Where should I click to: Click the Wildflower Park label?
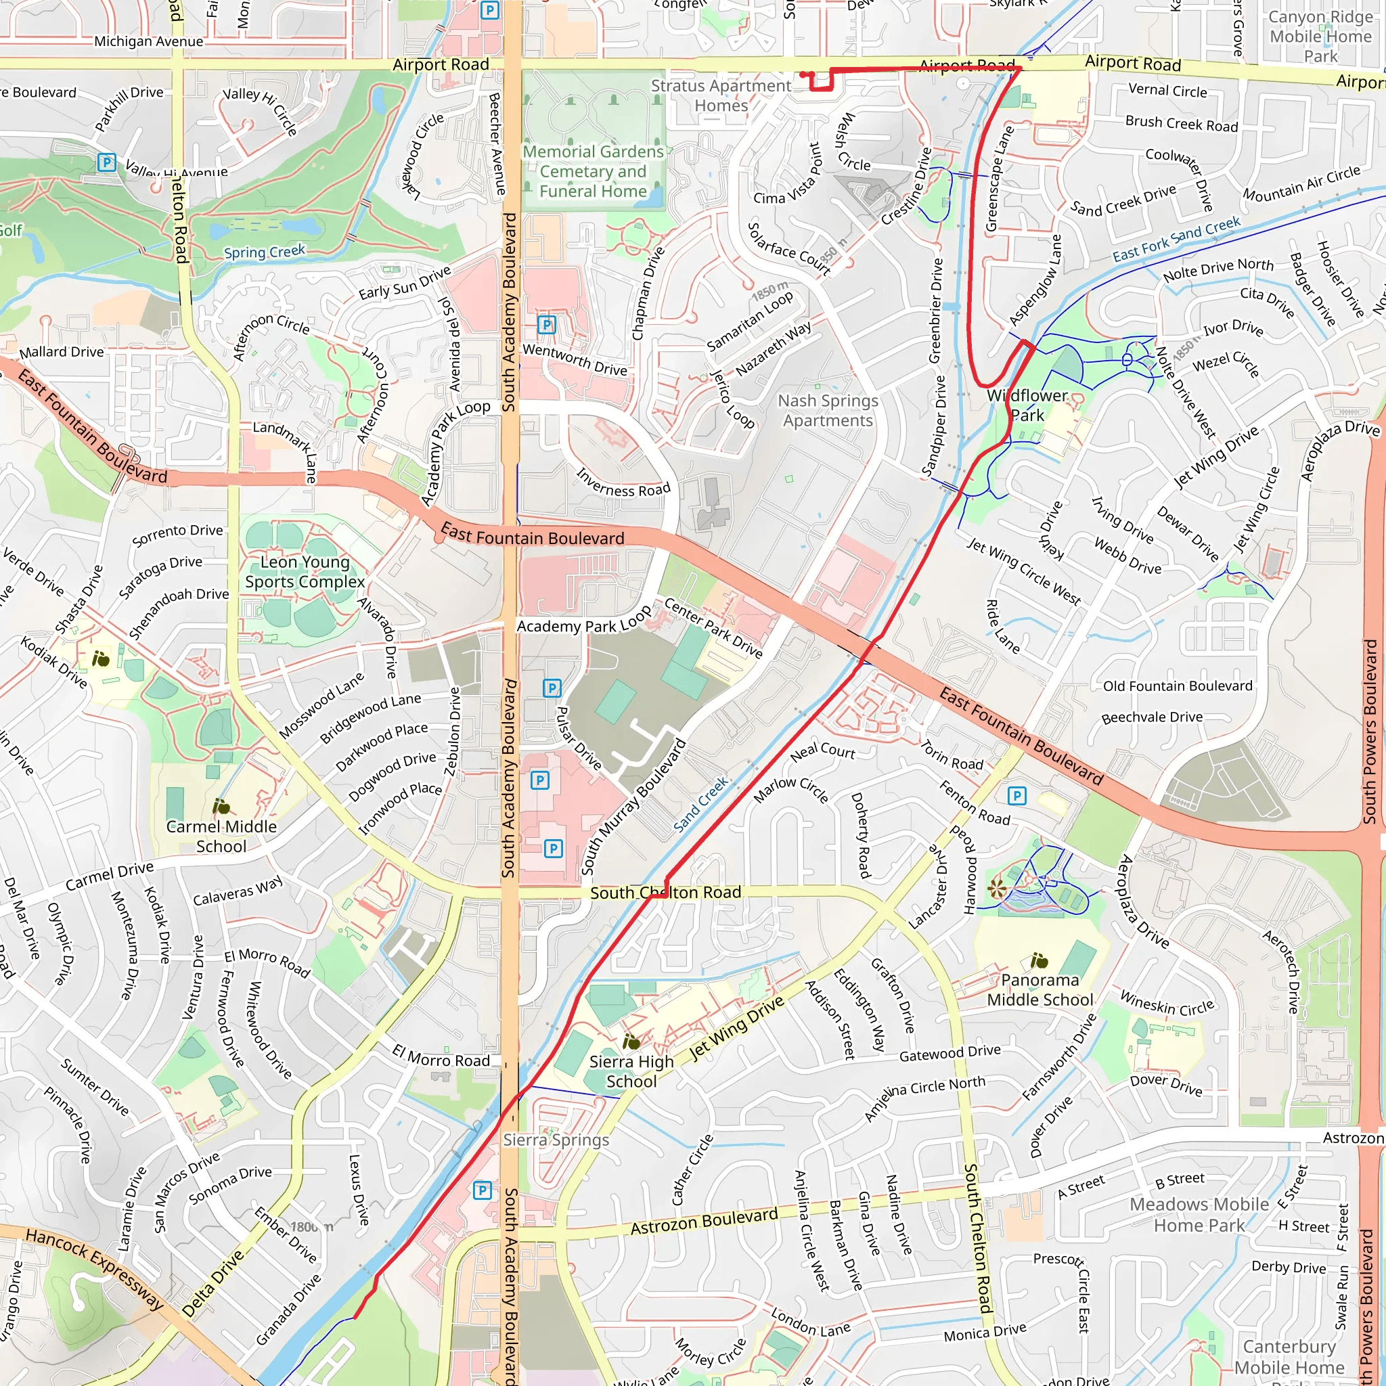coord(1027,405)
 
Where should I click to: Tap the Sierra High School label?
coord(631,1071)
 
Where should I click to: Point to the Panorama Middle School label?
coord(1039,989)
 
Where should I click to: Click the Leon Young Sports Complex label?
coord(305,572)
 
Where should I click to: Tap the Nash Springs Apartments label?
coord(828,410)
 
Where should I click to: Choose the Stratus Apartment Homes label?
coord(721,95)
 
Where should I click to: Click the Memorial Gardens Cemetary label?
coord(594,171)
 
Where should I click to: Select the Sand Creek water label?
coord(701,803)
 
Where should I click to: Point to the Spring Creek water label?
coord(264,252)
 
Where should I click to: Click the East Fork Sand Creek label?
coord(1176,239)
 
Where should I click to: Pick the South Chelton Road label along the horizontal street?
coord(665,893)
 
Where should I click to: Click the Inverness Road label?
coord(623,483)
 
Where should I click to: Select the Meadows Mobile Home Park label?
coord(1199,1215)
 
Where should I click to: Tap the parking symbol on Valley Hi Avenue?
coord(106,162)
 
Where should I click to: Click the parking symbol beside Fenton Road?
coord(1016,795)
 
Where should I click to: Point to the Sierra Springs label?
coord(556,1140)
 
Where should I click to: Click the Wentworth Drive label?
coord(575,359)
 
